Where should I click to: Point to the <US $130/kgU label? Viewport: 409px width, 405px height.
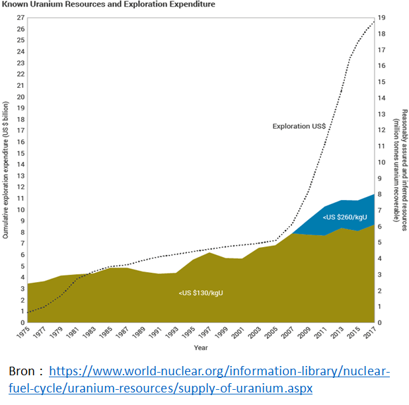(x=200, y=293)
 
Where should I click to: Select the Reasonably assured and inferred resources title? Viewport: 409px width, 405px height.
(x=398, y=170)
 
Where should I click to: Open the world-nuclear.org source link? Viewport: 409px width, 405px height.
(x=219, y=379)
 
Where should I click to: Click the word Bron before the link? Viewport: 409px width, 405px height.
(x=23, y=371)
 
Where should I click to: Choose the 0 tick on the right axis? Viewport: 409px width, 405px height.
(x=381, y=322)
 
